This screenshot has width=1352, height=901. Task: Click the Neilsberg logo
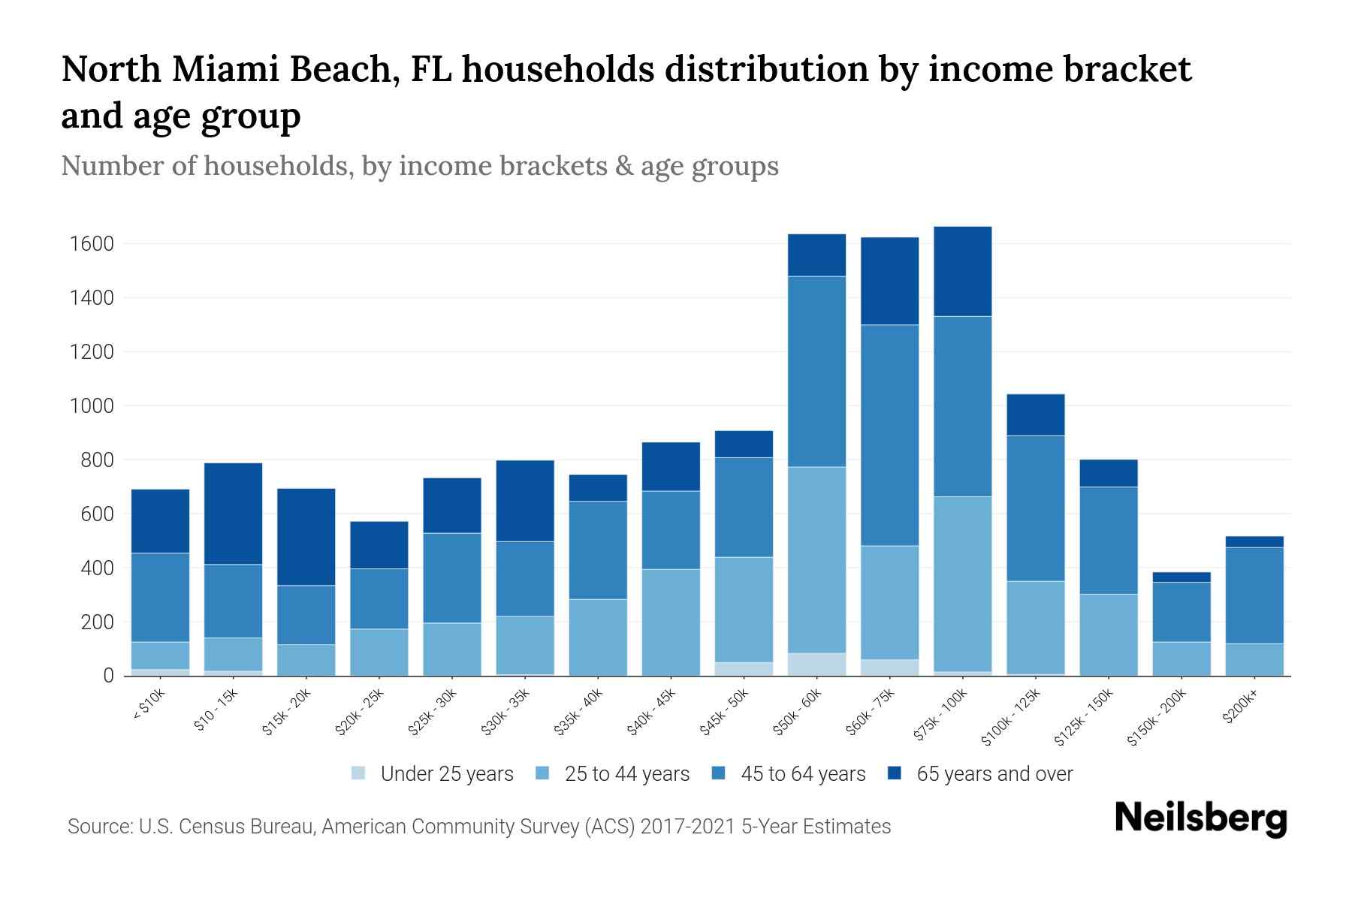1200,818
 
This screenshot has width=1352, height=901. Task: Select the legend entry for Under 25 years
447,774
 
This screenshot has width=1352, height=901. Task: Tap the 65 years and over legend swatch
895,773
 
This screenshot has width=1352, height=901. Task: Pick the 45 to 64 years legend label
803,774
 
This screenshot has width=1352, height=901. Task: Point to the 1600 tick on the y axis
91,244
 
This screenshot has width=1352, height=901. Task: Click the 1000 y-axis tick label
91,406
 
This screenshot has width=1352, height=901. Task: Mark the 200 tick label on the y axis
97,622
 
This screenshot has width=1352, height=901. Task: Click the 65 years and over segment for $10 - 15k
233,514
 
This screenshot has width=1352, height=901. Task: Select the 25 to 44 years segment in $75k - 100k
962,583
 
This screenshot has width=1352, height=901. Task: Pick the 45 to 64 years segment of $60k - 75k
889,435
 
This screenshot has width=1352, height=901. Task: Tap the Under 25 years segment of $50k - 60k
816,664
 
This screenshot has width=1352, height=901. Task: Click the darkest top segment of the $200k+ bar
1254,542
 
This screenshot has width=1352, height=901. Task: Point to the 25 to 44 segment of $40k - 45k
671,622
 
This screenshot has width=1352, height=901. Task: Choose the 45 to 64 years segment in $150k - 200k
1181,612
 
